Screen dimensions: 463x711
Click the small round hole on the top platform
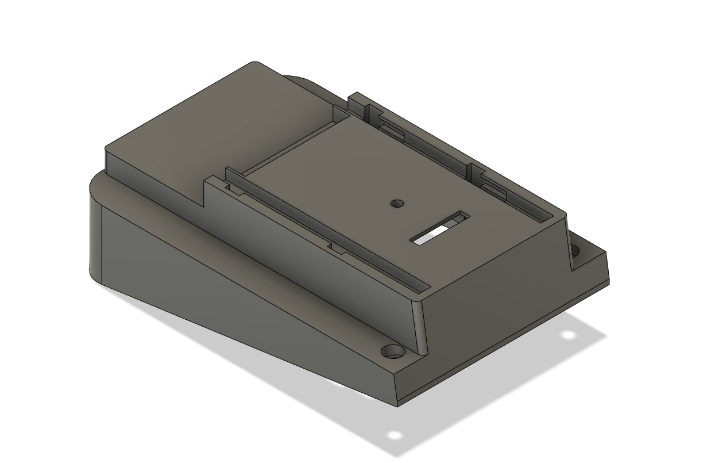pos(396,204)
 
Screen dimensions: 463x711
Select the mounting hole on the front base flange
pos(393,350)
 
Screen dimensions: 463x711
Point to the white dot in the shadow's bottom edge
pos(394,434)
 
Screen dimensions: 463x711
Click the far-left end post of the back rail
pos(354,101)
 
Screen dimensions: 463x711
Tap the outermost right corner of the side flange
pos(606,253)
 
